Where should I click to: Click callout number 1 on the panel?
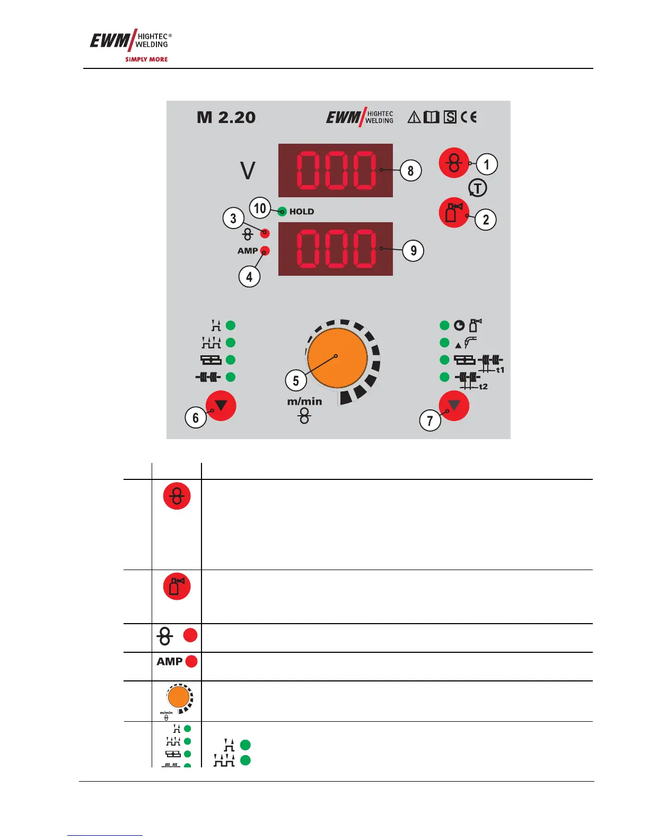tap(487, 164)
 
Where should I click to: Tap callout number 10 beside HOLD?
tap(260, 208)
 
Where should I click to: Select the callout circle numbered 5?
tap(296, 380)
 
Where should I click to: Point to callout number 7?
tap(430, 421)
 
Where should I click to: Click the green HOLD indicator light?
tap(282, 212)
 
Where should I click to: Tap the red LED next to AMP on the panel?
tap(266, 251)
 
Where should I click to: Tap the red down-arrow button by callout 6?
tap(221, 406)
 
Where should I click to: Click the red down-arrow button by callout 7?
tap(454, 406)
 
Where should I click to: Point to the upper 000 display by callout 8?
tap(336, 170)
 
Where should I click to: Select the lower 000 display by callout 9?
tap(336, 249)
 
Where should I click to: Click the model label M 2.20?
tap(226, 117)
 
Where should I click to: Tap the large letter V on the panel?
tap(248, 171)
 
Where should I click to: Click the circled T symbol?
tap(478, 188)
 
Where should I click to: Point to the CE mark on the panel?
tap(468, 117)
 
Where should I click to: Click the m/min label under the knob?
tap(304, 401)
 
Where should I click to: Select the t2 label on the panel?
tap(483, 387)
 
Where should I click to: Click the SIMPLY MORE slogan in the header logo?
tap(146, 59)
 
